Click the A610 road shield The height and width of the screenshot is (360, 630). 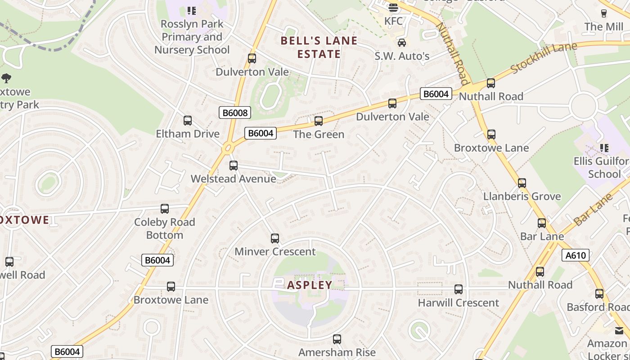coord(576,256)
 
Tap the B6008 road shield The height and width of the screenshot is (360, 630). coord(234,112)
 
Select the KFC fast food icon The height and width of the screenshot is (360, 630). coord(393,8)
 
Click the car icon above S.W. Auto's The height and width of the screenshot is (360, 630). coord(401,43)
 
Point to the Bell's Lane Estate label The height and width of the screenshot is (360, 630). coord(319,47)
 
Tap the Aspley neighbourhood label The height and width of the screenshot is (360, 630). coord(310,285)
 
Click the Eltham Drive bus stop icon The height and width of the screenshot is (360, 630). coord(188,121)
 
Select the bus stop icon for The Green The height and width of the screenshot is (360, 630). coord(319,121)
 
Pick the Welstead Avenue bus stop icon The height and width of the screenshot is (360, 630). coord(233,166)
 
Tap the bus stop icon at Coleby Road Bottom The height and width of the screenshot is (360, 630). coord(165,209)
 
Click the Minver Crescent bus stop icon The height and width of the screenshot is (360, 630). coord(275,238)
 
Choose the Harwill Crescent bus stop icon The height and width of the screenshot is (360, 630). coord(459,289)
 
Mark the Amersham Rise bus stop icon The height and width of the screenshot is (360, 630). coord(337,339)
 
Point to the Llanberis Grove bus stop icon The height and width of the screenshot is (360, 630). coord(522,183)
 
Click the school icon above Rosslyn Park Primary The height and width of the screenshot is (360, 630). coord(192,10)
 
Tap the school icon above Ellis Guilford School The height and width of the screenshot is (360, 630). coord(604,148)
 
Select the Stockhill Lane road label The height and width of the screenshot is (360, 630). coord(538,58)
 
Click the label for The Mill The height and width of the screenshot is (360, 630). coord(604,27)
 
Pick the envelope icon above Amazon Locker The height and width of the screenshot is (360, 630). coord(619,331)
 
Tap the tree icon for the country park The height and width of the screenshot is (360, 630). coord(6,79)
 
